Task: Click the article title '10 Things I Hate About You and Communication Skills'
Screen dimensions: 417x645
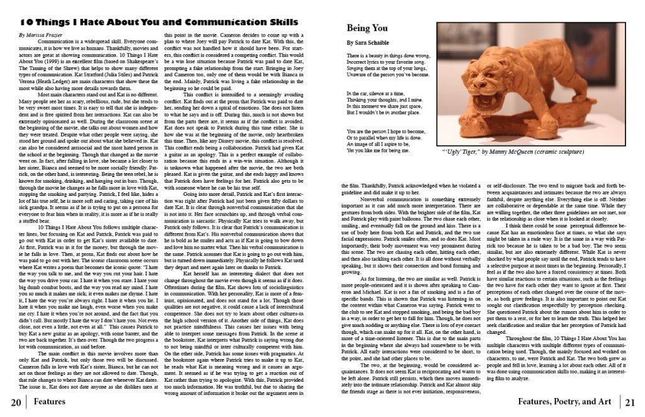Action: coord(158,23)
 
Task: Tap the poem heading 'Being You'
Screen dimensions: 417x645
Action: coord(367,28)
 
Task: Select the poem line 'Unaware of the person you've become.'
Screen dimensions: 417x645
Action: coord(393,74)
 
